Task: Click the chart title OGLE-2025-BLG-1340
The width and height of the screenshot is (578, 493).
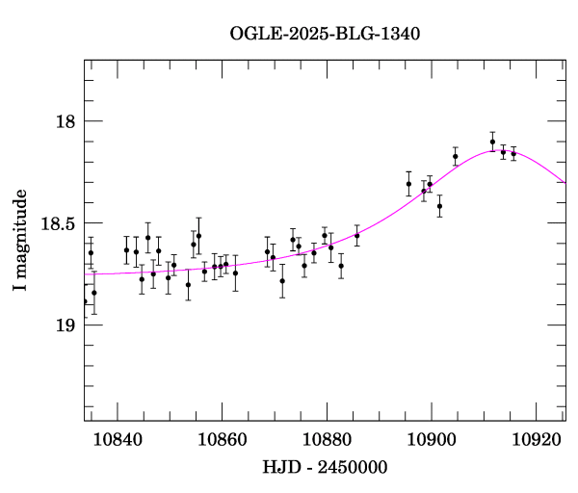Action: click(x=325, y=33)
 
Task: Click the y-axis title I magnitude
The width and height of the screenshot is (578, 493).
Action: click(x=19, y=237)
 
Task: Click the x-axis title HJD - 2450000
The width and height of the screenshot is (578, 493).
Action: click(x=326, y=467)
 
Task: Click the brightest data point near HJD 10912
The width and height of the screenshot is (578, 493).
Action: click(x=492, y=142)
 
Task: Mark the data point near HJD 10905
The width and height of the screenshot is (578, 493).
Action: click(x=455, y=156)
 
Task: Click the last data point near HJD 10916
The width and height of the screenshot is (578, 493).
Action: click(x=513, y=153)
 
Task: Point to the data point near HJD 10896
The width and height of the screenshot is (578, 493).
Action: click(x=408, y=184)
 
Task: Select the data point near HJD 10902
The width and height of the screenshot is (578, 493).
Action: click(x=439, y=206)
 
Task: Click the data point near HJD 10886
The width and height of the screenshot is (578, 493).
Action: click(x=356, y=235)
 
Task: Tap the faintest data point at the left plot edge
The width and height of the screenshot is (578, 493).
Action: click(x=85, y=301)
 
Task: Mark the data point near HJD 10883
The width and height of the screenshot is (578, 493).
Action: click(x=341, y=266)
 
